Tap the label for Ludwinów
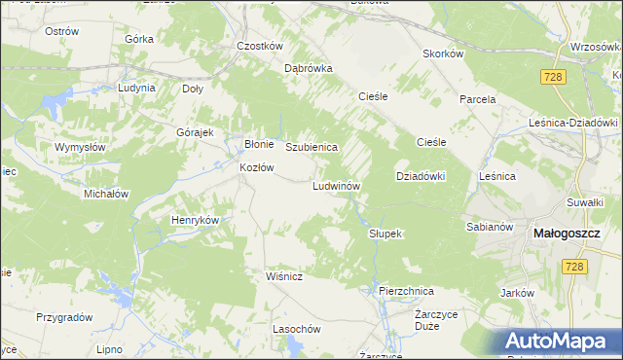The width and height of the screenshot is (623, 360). point(337,185)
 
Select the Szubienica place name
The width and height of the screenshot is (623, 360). point(311,147)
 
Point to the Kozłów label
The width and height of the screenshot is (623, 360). point(257,167)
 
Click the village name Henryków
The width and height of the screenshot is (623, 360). point(195,220)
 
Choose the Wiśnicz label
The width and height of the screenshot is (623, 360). point(285,276)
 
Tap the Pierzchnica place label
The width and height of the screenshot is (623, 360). point(406,290)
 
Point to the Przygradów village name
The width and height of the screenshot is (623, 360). point(64,317)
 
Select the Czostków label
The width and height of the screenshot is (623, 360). point(260,46)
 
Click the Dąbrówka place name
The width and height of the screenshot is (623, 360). point(309,69)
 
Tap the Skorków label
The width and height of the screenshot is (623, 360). point(442,54)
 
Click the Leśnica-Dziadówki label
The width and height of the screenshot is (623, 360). point(573,123)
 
